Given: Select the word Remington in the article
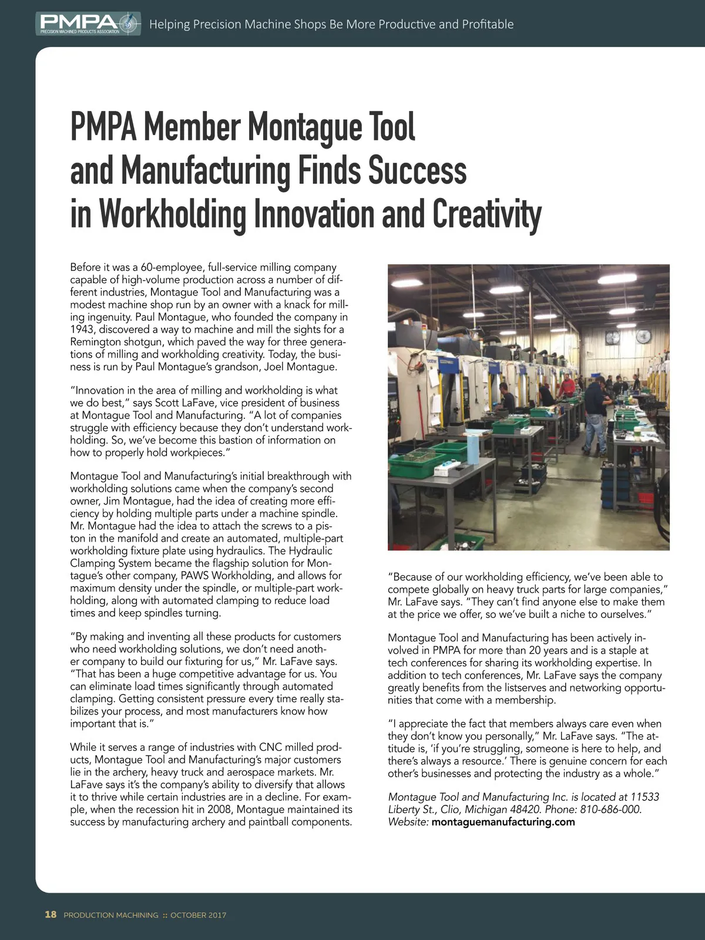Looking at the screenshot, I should [x=95, y=342].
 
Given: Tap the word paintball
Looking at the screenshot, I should [x=269, y=821].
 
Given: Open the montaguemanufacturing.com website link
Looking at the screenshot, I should [x=503, y=822].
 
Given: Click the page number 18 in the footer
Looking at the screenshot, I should [x=51, y=915].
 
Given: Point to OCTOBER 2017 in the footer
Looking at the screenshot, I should [x=198, y=915].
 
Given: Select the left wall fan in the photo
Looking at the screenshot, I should [x=613, y=338].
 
